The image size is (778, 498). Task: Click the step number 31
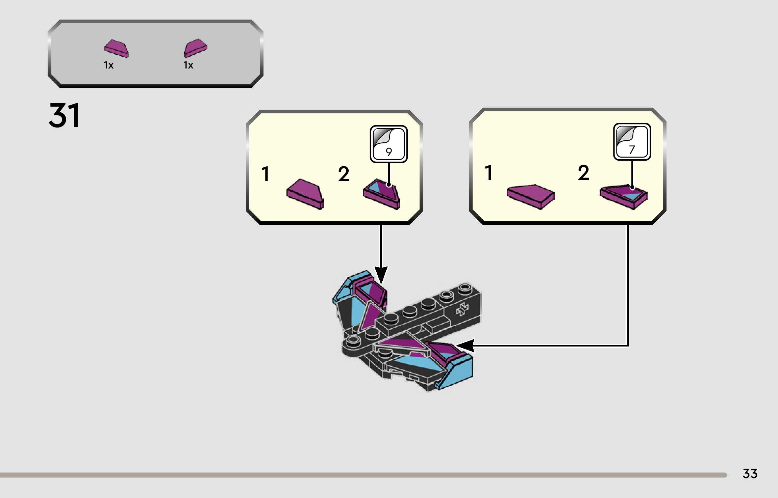[x=64, y=115]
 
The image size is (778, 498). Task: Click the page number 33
[x=750, y=474]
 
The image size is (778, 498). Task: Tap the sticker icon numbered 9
[x=388, y=144]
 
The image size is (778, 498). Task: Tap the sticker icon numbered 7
[x=632, y=142]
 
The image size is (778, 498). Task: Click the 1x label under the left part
[x=108, y=65]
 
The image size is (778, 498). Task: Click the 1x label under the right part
[x=188, y=65]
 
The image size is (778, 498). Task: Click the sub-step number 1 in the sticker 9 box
[x=266, y=174]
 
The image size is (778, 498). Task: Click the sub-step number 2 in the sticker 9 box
[x=344, y=174]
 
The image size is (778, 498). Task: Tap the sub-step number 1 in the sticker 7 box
[x=488, y=173]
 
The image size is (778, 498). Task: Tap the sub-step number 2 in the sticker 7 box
[x=583, y=173]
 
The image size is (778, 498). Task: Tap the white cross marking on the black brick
[x=462, y=309]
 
